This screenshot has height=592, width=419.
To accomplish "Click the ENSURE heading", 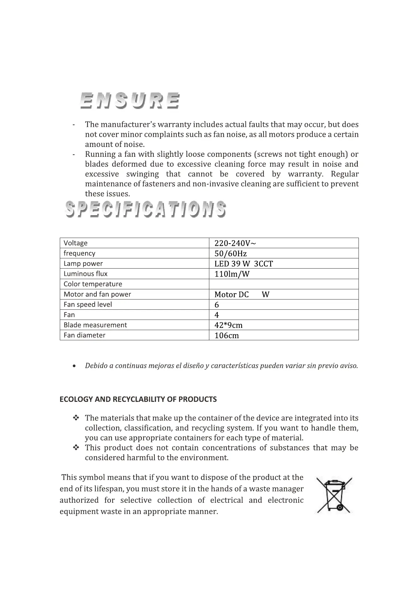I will pyautogui.click(x=130, y=101).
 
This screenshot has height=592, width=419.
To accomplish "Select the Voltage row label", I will pyautogui.click(x=76, y=243).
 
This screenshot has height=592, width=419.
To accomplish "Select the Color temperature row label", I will pyautogui.click(x=93, y=284).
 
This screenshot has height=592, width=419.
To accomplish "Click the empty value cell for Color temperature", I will pyautogui.click(x=284, y=284).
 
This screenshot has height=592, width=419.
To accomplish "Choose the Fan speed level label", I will pyautogui.click(x=88, y=304).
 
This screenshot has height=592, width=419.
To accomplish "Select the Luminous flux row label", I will pyautogui.click(x=85, y=274).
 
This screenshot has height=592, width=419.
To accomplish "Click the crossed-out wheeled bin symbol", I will pyautogui.click(x=334, y=495).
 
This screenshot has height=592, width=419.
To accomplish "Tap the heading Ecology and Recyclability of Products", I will pyautogui.click(x=138, y=399).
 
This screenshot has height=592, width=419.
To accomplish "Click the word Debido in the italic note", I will pyautogui.click(x=96, y=366).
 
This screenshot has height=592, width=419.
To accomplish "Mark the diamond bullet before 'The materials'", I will pyautogui.click(x=76, y=418).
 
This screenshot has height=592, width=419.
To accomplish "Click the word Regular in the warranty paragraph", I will pyautogui.click(x=345, y=174).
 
